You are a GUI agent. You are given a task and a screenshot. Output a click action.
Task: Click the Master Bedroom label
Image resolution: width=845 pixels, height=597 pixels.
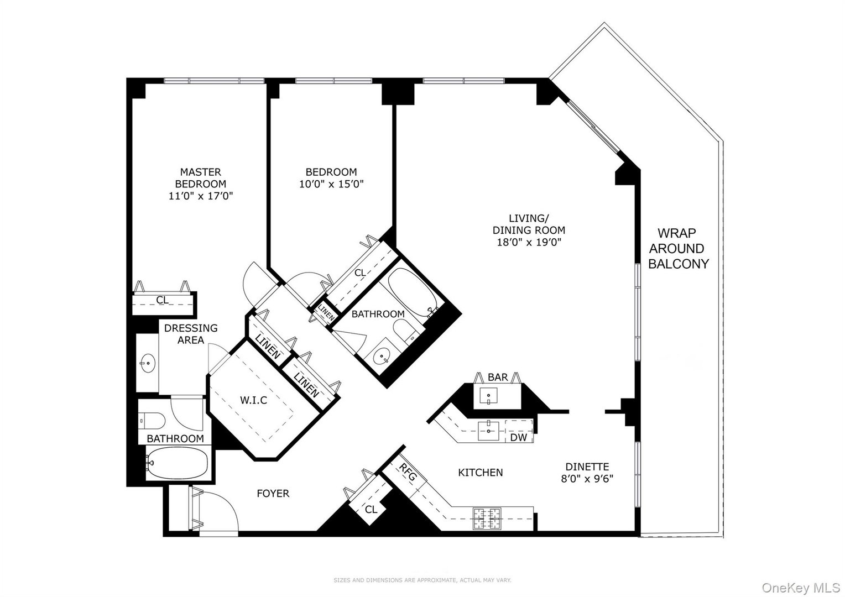coord(200,178)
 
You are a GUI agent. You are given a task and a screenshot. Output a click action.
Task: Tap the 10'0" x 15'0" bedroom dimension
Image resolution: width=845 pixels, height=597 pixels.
coord(331,184)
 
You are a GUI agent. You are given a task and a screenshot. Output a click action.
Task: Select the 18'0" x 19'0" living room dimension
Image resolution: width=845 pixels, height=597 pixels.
coord(529,242)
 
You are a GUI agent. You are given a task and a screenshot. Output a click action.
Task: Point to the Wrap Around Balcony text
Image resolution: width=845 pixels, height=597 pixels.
coord(678,249)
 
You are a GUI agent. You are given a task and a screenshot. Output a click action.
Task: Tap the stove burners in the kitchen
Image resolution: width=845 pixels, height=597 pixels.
coord(486,519)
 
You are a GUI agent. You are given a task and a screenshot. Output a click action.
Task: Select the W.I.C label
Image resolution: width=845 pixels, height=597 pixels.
coord(253,400)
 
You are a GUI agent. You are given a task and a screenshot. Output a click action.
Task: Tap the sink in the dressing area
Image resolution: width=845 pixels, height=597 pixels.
coord(148,364)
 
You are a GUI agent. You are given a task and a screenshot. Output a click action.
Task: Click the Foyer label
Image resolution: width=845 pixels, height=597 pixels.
coord(273,493)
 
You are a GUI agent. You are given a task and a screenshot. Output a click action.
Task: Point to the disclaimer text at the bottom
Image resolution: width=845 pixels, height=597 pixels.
coord(422,580)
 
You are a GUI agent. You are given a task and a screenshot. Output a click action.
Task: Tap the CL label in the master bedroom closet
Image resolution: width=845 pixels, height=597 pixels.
coord(162,300)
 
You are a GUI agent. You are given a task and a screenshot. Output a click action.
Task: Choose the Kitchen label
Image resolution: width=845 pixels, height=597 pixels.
coord(480,473)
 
